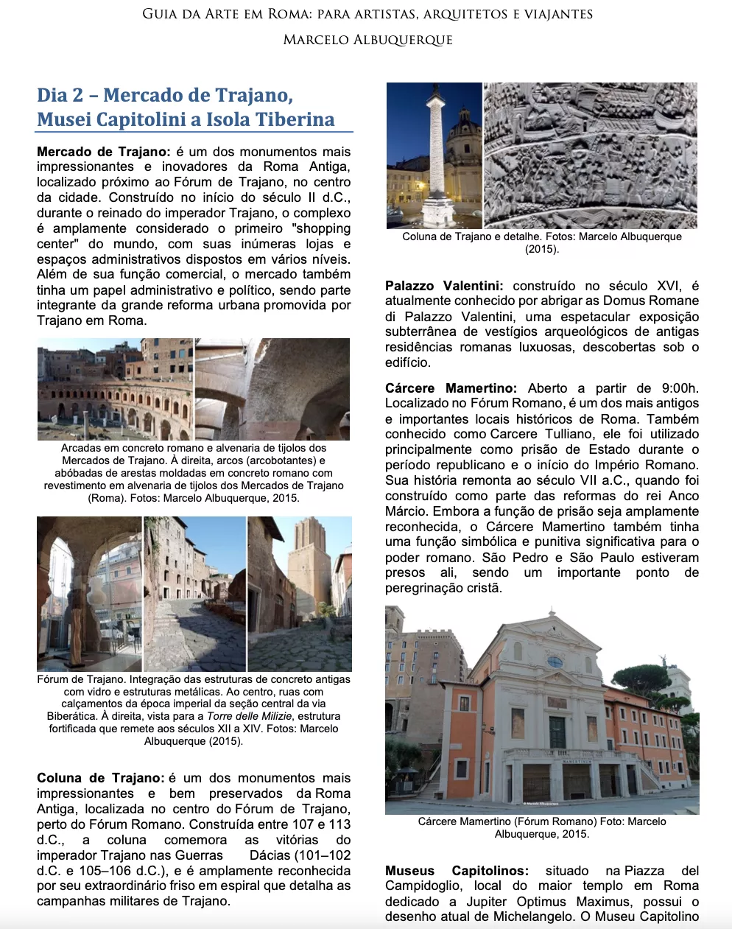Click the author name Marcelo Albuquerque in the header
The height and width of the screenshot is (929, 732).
pyautogui.click(x=367, y=40)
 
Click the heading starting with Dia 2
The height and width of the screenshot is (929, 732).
pyautogui.click(x=186, y=107)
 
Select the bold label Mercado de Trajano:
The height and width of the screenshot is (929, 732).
pyautogui.click(x=103, y=152)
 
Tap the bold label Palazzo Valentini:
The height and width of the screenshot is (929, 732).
pyautogui.click(x=444, y=286)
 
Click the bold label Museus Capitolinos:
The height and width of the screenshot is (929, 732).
pyautogui.click(x=457, y=871)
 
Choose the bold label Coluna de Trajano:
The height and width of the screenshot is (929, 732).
pyautogui.click(x=100, y=778)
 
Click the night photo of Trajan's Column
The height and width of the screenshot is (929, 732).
pyautogui.click(x=434, y=155)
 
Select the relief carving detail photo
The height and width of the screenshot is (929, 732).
pyautogui.click(x=590, y=155)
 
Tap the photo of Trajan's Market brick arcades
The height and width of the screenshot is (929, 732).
pyautogui.click(x=115, y=389)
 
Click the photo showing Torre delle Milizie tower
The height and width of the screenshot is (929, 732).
pyautogui.click(x=300, y=594)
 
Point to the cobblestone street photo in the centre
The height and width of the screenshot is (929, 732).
pyautogui.click(x=194, y=594)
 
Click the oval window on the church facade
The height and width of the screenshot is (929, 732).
pyautogui.click(x=554, y=662)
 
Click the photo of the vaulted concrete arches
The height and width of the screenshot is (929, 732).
pyautogui.click(x=272, y=389)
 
